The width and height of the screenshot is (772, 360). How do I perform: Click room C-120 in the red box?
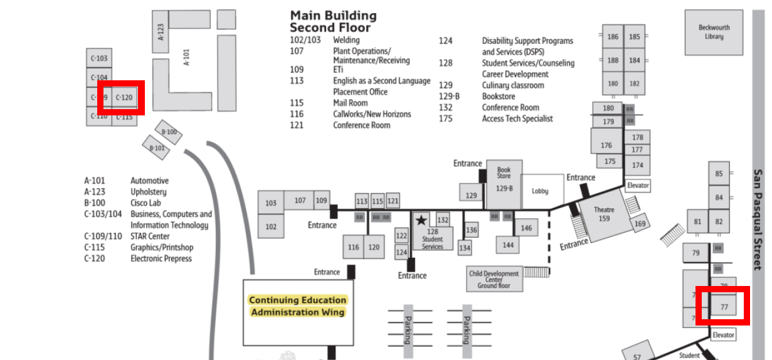click(x=124, y=97)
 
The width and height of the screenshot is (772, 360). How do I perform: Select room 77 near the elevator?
click(x=724, y=307)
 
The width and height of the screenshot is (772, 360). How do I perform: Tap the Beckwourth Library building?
click(x=714, y=32)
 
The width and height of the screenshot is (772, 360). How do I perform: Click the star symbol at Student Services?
click(x=421, y=220)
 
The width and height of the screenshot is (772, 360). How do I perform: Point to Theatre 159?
click(x=603, y=215)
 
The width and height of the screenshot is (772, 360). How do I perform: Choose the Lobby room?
click(x=539, y=191)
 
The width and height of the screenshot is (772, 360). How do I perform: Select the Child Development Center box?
click(x=494, y=279)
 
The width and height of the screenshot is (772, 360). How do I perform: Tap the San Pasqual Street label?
click(x=758, y=220)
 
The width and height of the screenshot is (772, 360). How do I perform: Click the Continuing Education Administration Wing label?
click(x=298, y=306)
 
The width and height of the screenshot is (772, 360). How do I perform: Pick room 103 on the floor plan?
click(x=271, y=203)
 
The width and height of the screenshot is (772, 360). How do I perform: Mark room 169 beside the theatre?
click(x=640, y=224)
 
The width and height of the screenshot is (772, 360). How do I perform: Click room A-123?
click(x=161, y=31)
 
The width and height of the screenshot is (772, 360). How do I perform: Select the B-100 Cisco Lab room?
click(x=169, y=132)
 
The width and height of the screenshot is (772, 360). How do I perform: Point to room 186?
click(x=613, y=37)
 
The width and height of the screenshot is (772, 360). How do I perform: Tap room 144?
click(x=508, y=245)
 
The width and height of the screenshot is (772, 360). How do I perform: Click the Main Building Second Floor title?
click(x=332, y=21)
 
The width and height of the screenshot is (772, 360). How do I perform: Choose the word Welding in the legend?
click(x=346, y=40)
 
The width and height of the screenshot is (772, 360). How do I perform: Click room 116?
click(x=354, y=247)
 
